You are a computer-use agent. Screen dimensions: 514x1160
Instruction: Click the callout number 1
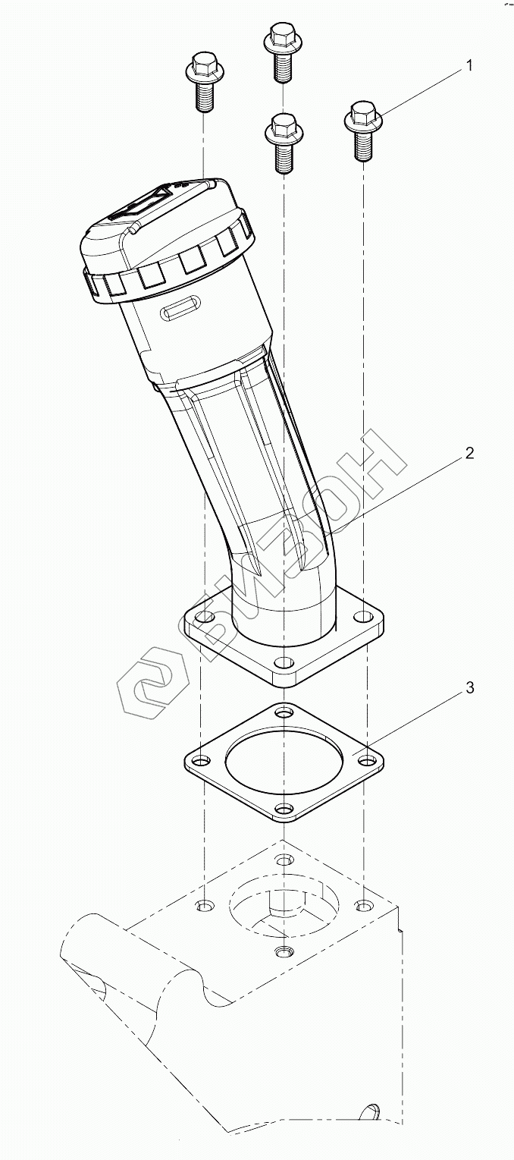pos(469,66)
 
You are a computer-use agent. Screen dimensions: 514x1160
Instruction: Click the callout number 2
pos(469,454)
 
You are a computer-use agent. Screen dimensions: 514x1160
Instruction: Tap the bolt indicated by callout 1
pos(363,130)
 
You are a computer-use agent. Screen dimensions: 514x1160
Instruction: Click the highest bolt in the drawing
pos(283,52)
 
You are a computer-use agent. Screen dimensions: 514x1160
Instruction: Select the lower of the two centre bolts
pos(283,142)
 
